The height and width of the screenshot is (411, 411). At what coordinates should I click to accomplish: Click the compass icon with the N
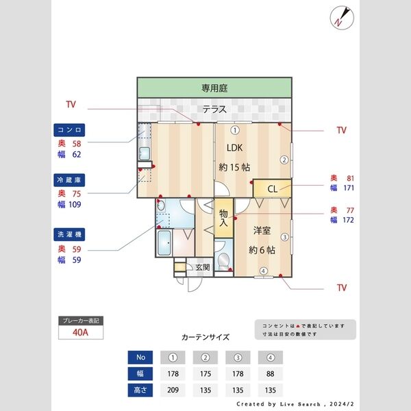coord(340,17)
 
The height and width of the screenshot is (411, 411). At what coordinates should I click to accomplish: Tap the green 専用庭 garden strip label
coord(214,88)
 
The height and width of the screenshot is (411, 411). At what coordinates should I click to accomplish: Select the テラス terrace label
coord(214,109)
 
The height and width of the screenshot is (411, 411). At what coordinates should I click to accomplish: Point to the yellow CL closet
coord(272,188)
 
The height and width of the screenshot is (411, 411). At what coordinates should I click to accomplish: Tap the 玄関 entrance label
coord(203,267)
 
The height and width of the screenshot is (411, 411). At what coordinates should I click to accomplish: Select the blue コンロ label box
coord(70,129)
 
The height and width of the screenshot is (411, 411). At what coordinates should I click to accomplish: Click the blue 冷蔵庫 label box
coord(70,179)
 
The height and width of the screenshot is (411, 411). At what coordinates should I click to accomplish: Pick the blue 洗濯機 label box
coord(70,234)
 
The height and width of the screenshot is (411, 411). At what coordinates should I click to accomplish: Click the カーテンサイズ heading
coord(206,337)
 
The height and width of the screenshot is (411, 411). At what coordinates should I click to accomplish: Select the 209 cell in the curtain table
coord(173,390)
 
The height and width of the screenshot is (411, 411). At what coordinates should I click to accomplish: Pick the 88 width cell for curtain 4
coord(271,373)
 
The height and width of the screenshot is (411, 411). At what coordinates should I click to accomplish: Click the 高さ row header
coord(140,390)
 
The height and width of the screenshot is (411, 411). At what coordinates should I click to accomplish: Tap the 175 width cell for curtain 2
coord(206,373)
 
